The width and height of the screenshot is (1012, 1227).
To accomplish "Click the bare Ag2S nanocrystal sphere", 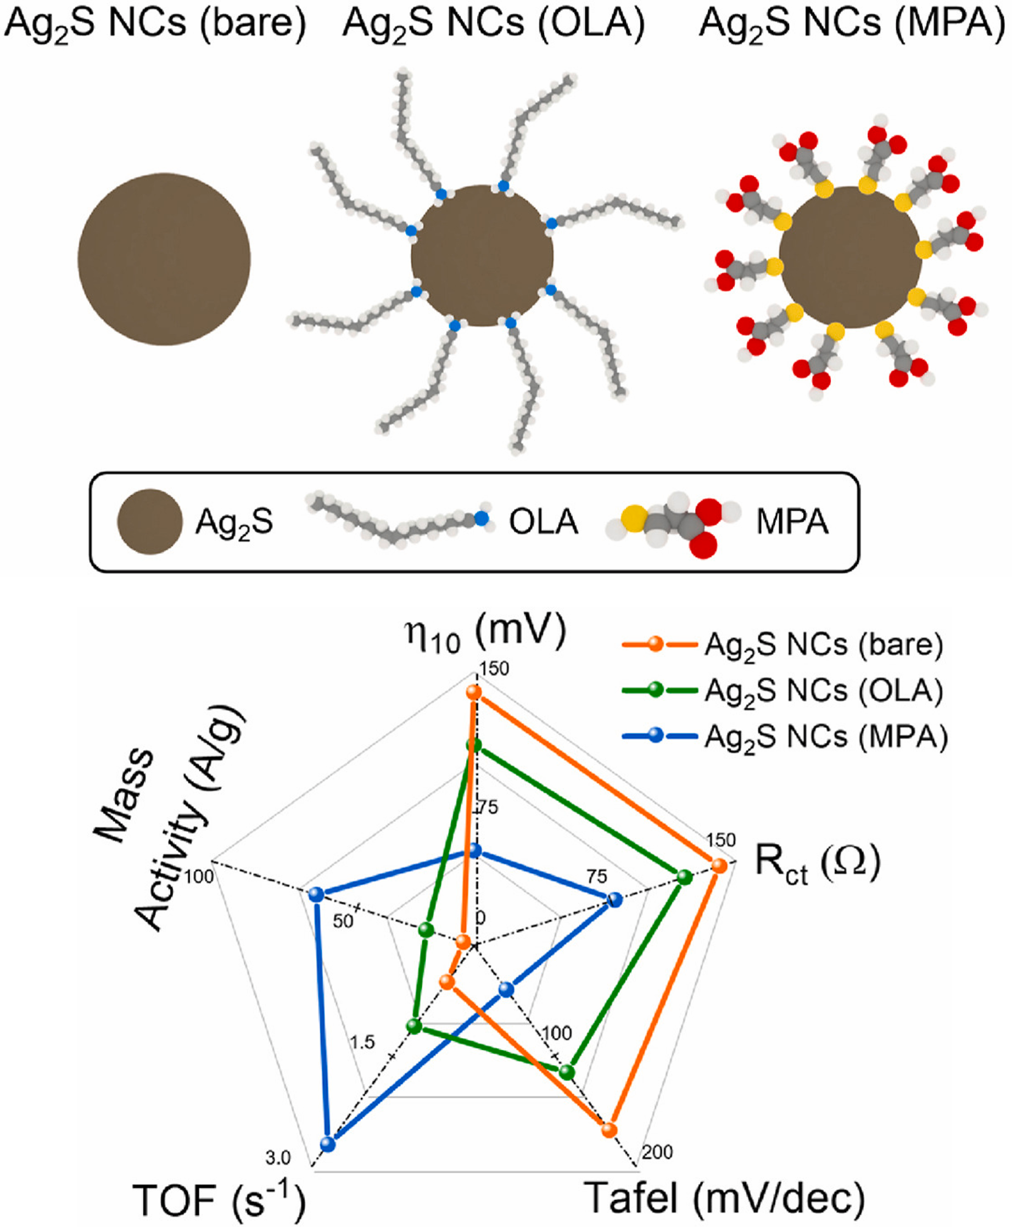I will [x=164, y=259].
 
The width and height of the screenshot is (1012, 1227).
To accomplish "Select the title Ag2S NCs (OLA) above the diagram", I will [x=493, y=25].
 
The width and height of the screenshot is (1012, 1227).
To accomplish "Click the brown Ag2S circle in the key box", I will [x=150, y=522].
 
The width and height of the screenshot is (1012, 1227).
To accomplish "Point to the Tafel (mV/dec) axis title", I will [x=725, y=1198].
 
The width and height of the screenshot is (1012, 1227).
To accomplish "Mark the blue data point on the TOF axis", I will [x=328, y=1144].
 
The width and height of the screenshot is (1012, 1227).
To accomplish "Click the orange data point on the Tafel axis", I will [x=609, y=1130].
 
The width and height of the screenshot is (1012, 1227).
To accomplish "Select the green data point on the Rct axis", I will [x=685, y=877].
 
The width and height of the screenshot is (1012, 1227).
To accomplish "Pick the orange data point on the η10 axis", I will [x=474, y=692].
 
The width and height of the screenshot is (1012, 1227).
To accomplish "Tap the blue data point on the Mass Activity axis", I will [x=315, y=894].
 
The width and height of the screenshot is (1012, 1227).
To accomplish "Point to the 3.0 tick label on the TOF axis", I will [x=278, y=1158].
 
